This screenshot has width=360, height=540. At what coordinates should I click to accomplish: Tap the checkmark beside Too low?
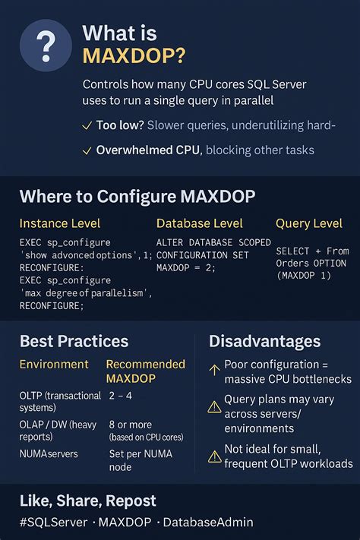pyautogui.click(x=87, y=125)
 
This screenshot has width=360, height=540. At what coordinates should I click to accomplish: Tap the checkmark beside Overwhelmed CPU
pyautogui.click(x=87, y=150)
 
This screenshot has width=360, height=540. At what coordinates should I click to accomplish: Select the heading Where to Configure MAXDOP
pyautogui.click(x=137, y=197)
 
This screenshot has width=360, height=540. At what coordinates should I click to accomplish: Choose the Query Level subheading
pyautogui.click(x=310, y=224)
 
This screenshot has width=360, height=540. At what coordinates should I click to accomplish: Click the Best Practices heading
pyautogui.click(x=74, y=341)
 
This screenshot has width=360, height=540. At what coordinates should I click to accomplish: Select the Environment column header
pyautogui.click(x=54, y=365)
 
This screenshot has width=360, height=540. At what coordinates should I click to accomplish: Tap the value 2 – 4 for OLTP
pyautogui.click(x=121, y=396)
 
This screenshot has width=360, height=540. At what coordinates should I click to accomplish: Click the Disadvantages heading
pyautogui.click(x=264, y=341)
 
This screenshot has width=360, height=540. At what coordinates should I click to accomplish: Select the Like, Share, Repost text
pyautogui.click(x=87, y=501)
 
